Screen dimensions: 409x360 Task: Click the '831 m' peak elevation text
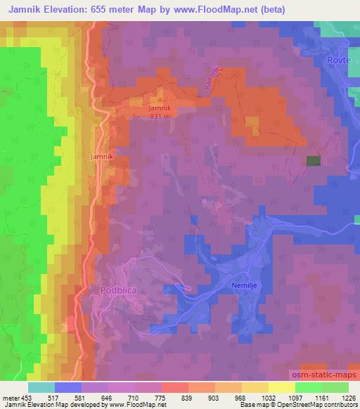point(160,117)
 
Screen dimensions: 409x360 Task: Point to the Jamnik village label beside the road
point(102,155)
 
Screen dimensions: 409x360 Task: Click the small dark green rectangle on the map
point(313,160)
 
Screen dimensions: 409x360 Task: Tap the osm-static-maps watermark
point(325,375)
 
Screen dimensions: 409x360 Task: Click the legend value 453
point(27,398)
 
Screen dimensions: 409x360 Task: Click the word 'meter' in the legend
point(9,398)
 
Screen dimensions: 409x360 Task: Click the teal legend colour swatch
point(41,387)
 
